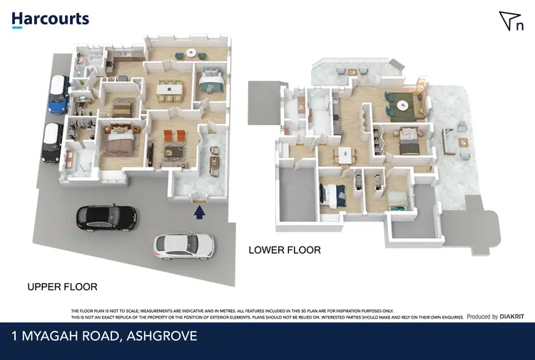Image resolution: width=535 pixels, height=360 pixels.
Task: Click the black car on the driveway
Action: (x=106, y=217)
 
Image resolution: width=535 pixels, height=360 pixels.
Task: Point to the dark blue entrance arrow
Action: (x=200, y=210)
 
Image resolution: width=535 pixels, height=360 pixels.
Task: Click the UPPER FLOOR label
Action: (x=62, y=287)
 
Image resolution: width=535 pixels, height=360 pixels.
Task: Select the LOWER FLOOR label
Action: (x=284, y=250)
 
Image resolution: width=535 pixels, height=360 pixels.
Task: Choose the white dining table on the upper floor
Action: (x=170, y=90)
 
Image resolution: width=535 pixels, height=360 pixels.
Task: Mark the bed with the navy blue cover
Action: (x=333, y=192)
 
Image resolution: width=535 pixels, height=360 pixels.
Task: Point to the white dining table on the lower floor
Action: (x=345, y=153)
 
